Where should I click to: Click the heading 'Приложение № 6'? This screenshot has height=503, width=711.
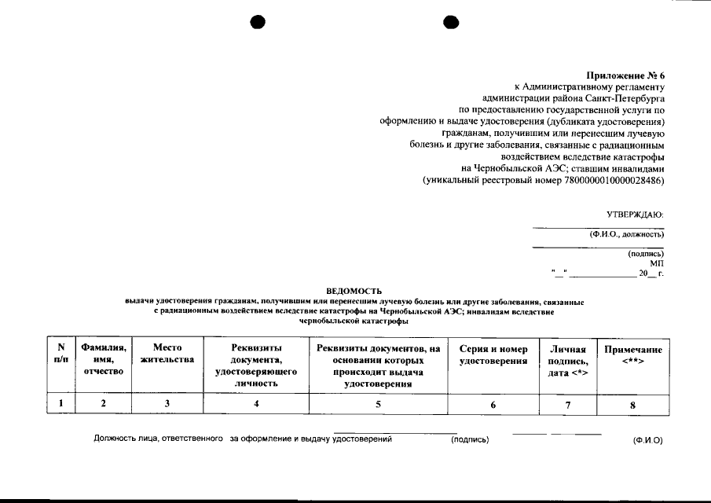[x=625, y=75]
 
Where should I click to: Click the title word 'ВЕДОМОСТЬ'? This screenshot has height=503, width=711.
[x=354, y=291]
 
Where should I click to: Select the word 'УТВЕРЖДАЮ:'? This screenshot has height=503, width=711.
[x=635, y=214]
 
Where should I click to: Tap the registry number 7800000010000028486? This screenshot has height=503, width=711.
[x=611, y=181]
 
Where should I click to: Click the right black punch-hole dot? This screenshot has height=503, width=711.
[x=451, y=23]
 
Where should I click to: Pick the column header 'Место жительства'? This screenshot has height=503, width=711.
[x=167, y=354]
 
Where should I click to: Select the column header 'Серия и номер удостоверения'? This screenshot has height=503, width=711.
[x=493, y=354]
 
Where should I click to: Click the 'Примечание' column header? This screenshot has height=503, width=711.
[x=632, y=354]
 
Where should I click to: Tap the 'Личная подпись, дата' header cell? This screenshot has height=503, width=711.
[x=568, y=360]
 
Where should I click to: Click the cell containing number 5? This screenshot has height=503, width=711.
[x=378, y=405]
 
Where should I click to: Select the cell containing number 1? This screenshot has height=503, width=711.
[x=60, y=405]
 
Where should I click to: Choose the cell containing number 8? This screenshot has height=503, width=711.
[x=632, y=405]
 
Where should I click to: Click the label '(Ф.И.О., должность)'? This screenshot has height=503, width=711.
[x=627, y=234]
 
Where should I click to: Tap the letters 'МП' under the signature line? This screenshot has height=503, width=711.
[x=656, y=263]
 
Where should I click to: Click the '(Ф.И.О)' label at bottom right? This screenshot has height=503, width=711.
[x=647, y=440]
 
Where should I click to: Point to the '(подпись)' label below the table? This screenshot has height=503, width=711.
[x=470, y=440]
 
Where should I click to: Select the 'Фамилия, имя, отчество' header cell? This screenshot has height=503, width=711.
[x=102, y=360]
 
